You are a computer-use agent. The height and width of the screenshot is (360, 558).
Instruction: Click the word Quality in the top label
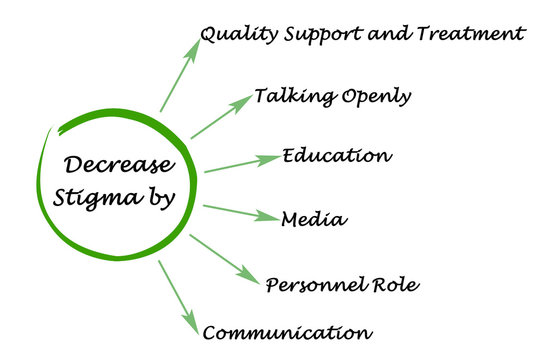coord(233,34)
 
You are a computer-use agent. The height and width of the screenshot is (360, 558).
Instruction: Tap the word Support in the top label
coord(306,35)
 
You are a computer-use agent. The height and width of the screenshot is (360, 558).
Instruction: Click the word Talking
coord(287,97)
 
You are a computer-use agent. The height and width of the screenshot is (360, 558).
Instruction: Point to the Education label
coord(336,156)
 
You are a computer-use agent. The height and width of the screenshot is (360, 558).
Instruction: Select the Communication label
coord(287,331)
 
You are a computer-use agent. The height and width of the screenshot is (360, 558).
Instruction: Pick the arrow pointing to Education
coord(241,164)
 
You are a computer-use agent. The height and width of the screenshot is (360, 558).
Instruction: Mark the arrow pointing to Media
coord(240,211)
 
